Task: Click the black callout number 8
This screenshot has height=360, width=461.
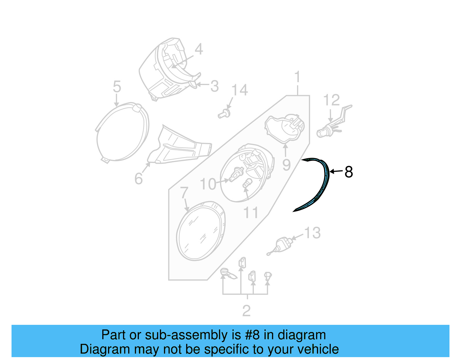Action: [349, 172]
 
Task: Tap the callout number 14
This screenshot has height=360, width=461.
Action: [239, 90]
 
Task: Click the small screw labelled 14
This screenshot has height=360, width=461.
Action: [224, 114]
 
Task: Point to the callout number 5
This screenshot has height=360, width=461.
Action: [117, 86]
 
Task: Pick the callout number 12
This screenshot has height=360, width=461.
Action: [331, 100]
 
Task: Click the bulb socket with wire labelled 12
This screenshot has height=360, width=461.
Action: [328, 128]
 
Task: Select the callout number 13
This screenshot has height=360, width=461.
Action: [312, 233]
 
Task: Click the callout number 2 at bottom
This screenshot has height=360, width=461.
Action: [246, 311]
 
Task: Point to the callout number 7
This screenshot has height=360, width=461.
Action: [184, 193]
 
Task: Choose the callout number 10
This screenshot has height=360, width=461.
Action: [208, 184]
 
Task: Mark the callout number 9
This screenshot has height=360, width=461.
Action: [286, 165]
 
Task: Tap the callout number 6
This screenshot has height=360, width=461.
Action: [139, 179]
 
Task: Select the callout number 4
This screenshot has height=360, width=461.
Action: [199, 49]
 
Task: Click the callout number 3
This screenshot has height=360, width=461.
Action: [214, 86]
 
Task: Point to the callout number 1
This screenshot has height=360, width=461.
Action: [297, 77]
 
